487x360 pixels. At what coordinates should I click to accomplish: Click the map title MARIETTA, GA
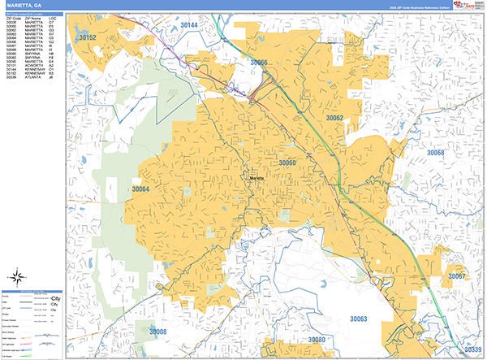(24, 6)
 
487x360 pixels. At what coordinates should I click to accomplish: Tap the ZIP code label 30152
(87, 38)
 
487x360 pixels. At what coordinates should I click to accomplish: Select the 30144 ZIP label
(187, 26)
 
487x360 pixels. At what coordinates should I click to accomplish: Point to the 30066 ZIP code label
(259, 63)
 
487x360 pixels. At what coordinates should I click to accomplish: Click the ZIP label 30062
(335, 118)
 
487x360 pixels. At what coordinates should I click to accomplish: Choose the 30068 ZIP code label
(436, 153)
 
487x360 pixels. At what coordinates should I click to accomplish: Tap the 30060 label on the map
(287, 163)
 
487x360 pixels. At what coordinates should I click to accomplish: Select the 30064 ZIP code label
(140, 189)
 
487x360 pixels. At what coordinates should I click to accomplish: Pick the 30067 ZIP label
(457, 276)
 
